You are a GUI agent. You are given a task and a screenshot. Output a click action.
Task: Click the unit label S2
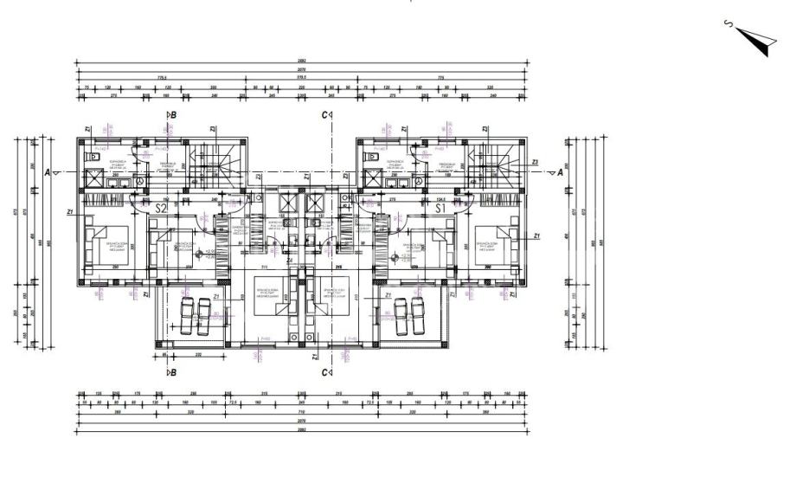click(160, 208)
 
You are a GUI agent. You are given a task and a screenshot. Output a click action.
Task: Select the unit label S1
click(440, 208)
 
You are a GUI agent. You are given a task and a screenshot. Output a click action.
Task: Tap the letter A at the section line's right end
click(560, 171)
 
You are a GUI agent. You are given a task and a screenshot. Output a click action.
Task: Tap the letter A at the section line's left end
click(48, 171)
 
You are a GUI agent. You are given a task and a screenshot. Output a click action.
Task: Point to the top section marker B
click(172, 114)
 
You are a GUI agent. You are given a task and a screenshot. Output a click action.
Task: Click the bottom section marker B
click(172, 372)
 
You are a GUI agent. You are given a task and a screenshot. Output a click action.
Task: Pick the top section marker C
click(325, 114)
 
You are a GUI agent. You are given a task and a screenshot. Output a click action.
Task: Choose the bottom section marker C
click(325, 372)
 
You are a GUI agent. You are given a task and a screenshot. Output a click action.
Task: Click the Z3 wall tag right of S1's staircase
click(536, 162)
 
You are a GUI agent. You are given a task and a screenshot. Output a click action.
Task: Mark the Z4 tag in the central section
click(291, 261)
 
